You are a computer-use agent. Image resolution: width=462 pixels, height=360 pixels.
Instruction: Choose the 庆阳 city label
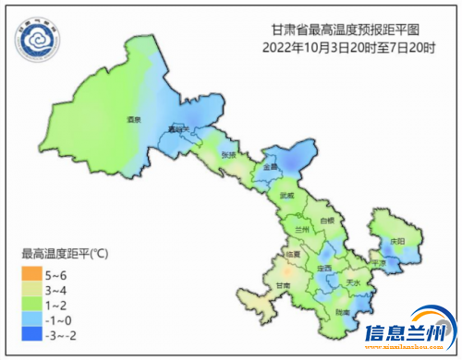pyautogui.click(x=398, y=241)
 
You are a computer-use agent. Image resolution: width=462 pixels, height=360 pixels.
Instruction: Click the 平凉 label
pyautogui.click(x=378, y=264)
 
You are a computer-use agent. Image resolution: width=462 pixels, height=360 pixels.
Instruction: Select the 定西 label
pyautogui.click(x=324, y=269)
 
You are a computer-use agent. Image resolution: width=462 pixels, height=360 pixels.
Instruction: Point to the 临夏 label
pyautogui.click(x=293, y=254)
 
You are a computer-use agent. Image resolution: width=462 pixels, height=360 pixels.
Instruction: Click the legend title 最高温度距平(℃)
pyautogui.click(x=65, y=254)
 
